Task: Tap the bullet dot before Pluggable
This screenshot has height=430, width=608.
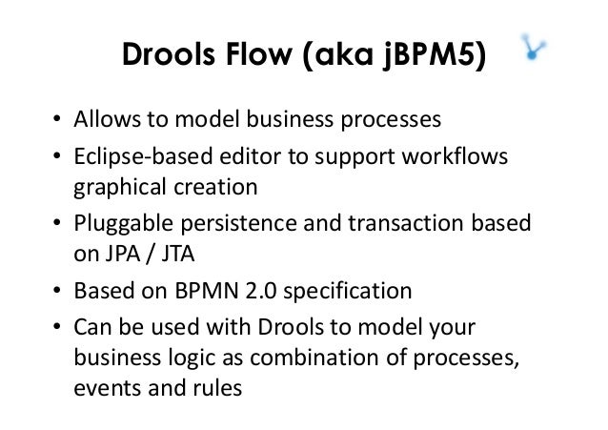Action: tap(57, 223)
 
